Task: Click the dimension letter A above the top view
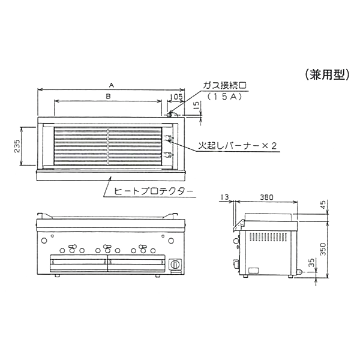[112, 85]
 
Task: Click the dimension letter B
[108, 96]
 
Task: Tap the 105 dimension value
[176, 97]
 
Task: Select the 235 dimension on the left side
[17, 146]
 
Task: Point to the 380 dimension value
[266, 197]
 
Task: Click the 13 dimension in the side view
[225, 197]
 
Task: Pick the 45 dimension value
[323, 205]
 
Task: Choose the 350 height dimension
[323, 249]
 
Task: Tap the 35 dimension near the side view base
[311, 263]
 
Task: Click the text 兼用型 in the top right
[328, 75]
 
